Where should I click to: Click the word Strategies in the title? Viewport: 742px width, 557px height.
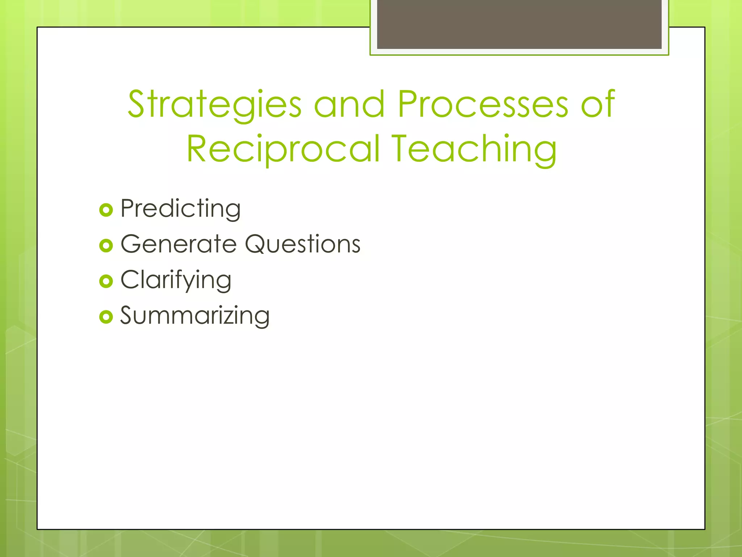(214, 105)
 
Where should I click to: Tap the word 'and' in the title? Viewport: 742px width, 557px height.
(349, 105)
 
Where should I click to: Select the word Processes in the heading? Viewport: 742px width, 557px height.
(483, 105)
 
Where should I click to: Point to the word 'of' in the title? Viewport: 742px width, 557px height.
(598, 105)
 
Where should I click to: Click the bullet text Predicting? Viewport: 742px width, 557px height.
(180, 209)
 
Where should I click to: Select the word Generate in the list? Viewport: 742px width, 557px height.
(178, 244)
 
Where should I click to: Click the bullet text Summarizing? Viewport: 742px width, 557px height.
(195, 316)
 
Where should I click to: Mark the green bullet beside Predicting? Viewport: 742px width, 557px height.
(106, 210)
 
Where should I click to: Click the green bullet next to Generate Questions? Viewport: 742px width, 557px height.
(106, 246)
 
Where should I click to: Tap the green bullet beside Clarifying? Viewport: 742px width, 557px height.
(106, 281)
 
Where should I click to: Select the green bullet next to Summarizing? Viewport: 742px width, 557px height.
(106, 317)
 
